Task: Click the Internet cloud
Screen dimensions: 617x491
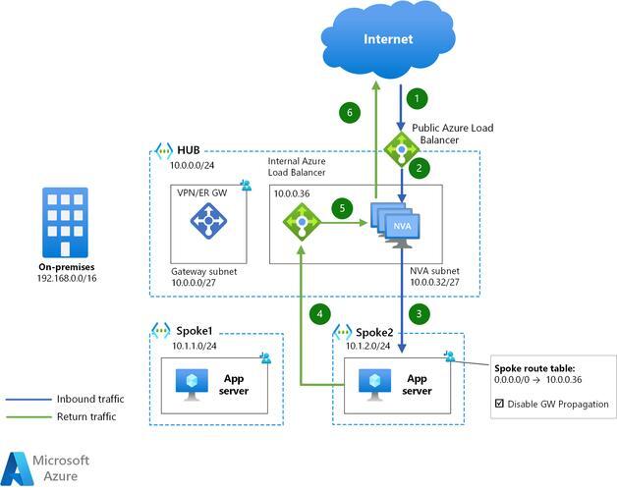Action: tap(388, 41)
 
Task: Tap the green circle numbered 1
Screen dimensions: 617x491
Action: tap(418, 98)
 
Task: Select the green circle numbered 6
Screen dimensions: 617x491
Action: tap(350, 113)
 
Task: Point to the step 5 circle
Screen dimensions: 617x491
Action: tap(342, 208)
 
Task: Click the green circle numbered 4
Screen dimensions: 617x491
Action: tap(320, 314)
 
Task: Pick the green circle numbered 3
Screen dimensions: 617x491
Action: tap(420, 314)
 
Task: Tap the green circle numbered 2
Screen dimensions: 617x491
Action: tap(420, 168)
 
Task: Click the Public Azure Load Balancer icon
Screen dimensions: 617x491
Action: tap(402, 149)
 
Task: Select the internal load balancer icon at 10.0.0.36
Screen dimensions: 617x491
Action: tap(302, 222)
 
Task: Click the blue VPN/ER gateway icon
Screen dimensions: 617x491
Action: tap(208, 221)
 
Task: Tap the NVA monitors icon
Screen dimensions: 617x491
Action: tap(396, 225)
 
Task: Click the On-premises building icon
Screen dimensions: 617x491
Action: tap(65, 223)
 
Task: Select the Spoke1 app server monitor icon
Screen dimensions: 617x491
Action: tap(192, 385)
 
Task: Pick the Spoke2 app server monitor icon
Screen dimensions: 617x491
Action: tap(375, 385)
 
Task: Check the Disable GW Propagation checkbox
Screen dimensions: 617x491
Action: tap(499, 404)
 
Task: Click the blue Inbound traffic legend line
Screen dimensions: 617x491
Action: tap(28, 400)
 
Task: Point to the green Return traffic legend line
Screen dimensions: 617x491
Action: tap(28, 416)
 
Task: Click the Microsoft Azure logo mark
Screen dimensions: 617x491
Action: tap(18, 469)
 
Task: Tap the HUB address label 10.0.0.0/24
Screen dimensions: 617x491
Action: tap(192, 165)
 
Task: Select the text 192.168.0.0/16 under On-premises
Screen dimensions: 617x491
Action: tap(67, 278)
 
